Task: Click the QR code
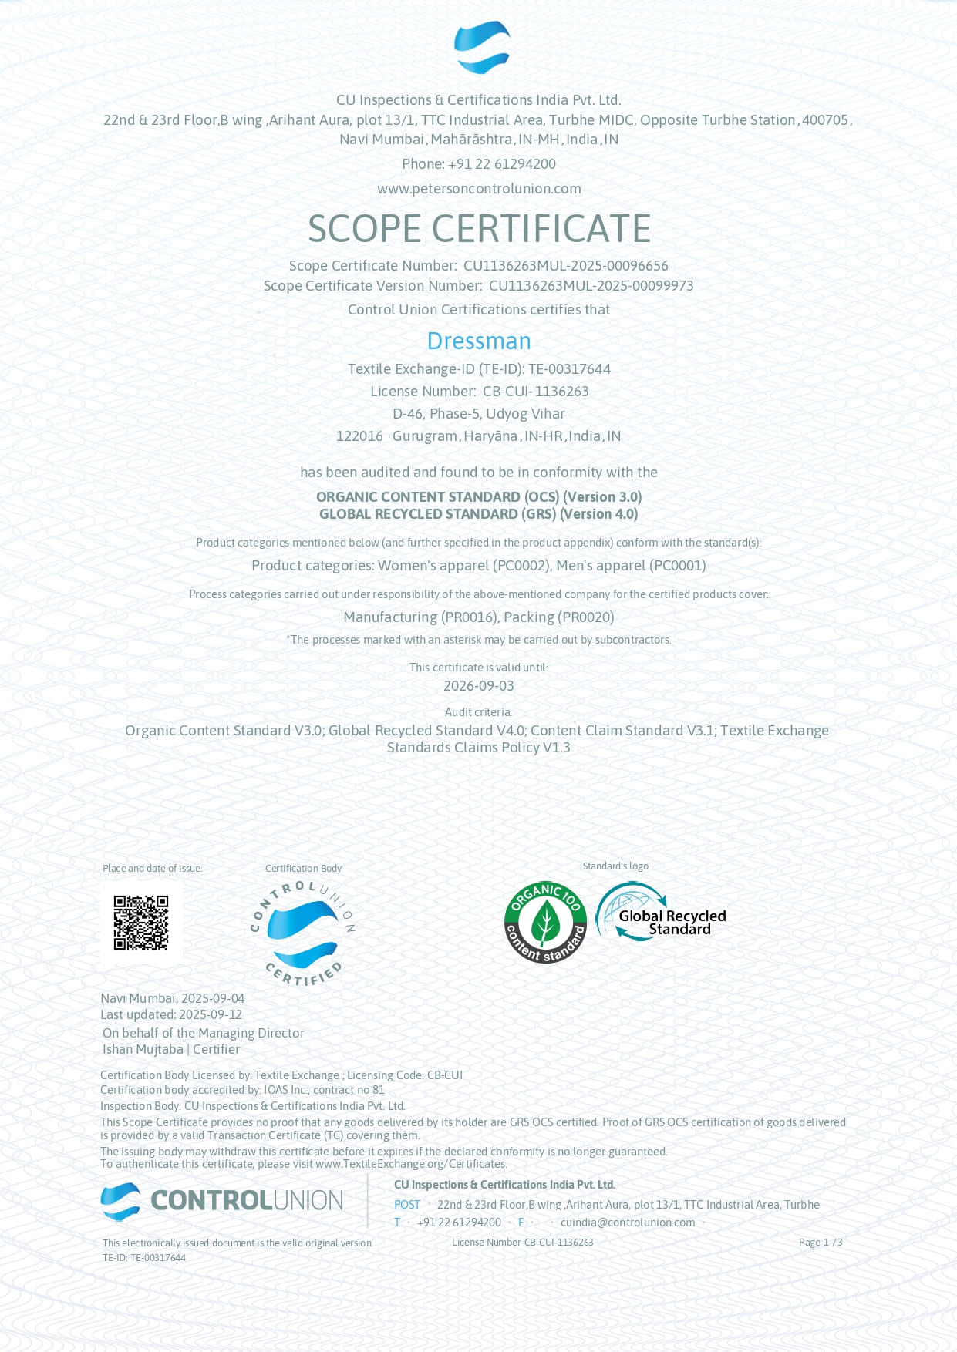(141, 922)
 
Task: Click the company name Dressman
(479, 341)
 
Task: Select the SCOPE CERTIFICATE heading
(479, 229)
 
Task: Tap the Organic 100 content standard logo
(545, 922)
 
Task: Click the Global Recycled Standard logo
(662, 912)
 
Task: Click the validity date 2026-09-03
(479, 686)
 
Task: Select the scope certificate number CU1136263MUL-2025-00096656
(565, 266)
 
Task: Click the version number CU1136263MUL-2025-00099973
(591, 286)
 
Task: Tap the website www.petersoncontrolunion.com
(479, 189)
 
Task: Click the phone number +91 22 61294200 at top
(501, 164)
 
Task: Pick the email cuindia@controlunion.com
(628, 1223)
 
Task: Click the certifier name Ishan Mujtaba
(143, 1050)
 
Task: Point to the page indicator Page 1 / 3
(820, 1243)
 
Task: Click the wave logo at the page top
(482, 48)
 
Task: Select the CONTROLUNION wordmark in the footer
(246, 1200)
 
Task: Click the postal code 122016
(359, 436)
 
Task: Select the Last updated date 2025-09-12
(210, 1015)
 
